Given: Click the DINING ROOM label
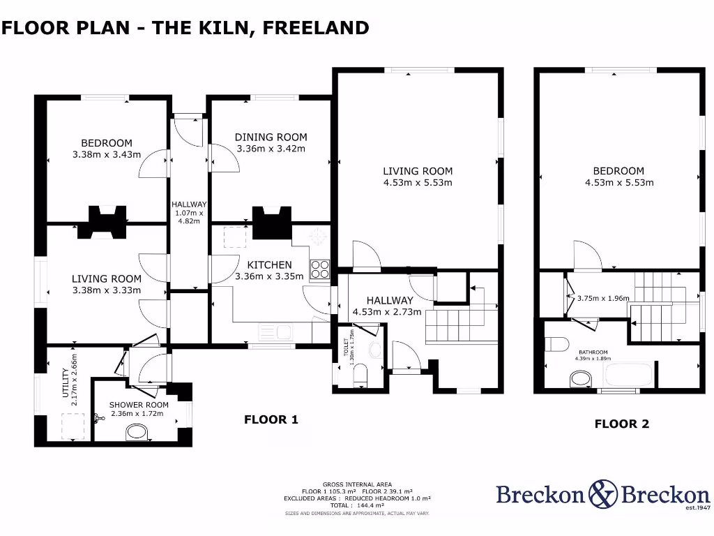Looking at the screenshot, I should click(271, 137).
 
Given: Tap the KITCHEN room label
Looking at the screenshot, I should click(270, 265).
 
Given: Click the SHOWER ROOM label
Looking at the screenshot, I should click(139, 404).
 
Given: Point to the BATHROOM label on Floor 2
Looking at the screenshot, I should click(593, 352).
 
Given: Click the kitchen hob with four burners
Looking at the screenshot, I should click(319, 269).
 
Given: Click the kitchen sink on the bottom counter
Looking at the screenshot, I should click(268, 330).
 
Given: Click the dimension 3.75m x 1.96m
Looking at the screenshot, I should click(603, 298).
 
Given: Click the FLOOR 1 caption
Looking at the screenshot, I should click(271, 419).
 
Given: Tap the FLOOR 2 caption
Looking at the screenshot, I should click(621, 424).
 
